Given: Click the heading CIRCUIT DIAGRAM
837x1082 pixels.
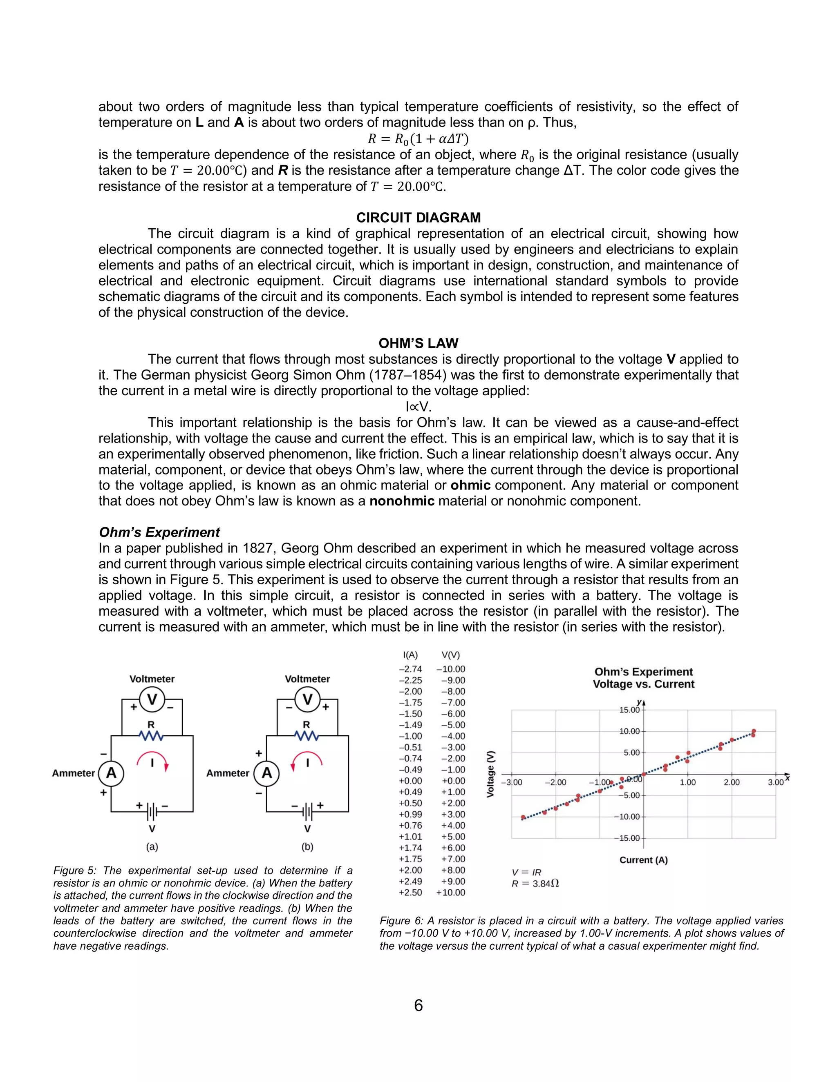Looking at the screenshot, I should pyautogui.click(x=418, y=218).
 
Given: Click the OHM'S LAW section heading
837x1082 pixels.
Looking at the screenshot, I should pyautogui.click(x=418, y=343).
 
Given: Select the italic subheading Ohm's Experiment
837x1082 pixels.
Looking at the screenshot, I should pyautogui.click(x=159, y=532).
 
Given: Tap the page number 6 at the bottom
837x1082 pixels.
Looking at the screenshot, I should pyautogui.click(x=418, y=1005).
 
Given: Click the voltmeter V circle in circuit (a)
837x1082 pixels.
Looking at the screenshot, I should pyautogui.click(x=152, y=699).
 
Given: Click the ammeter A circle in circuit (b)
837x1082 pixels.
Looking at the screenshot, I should pyautogui.click(x=267, y=773).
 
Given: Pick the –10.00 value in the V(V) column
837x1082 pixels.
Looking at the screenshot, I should pyautogui.click(x=451, y=669).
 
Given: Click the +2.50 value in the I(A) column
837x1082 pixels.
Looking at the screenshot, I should pyautogui.click(x=411, y=892).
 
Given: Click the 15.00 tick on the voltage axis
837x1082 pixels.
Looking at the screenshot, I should pyautogui.click(x=629, y=710).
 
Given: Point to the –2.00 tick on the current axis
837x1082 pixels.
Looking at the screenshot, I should pyautogui.click(x=555, y=782).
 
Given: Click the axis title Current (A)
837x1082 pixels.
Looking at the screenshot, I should pyautogui.click(x=643, y=859).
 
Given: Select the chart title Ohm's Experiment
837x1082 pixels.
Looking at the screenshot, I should pyautogui.click(x=643, y=672).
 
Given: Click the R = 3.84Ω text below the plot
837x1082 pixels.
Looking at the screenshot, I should pyautogui.click(x=535, y=883).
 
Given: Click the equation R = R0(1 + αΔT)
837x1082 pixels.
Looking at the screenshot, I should pyautogui.click(x=418, y=139).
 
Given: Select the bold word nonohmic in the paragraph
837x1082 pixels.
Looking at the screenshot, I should pyautogui.click(x=402, y=501).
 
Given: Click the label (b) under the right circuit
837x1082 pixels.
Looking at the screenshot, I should pyautogui.click(x=307, y=847).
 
